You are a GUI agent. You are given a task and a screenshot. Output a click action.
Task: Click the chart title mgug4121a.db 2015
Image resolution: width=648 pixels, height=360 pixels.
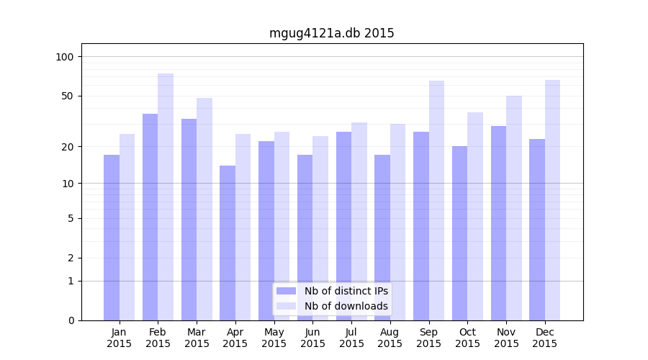[331, 33]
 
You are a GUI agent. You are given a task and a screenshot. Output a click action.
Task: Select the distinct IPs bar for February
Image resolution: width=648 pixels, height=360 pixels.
[150, 217]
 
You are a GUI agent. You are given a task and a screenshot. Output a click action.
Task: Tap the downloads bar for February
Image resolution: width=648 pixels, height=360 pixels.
[166, 197]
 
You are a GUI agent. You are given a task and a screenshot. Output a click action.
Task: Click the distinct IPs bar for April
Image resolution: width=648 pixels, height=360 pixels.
[228, 243]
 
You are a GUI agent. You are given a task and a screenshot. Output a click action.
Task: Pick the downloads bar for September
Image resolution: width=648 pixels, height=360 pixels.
[436, 200]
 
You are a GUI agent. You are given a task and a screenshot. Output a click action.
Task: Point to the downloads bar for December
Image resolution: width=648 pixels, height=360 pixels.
[552, 200]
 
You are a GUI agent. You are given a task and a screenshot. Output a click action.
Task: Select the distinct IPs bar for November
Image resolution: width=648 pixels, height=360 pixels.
[498, 223]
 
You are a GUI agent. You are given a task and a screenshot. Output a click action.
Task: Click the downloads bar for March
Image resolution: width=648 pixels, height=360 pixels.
[204, 209]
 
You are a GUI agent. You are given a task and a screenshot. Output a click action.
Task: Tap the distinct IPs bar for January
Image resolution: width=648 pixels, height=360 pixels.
[112, 238]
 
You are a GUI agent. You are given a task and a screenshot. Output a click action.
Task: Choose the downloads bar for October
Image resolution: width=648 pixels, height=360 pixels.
[475, 216]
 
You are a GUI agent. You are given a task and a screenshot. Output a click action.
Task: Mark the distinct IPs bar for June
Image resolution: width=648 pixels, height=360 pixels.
[305, 238]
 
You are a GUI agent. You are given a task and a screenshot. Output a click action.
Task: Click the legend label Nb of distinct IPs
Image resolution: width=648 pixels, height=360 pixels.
[346, 291]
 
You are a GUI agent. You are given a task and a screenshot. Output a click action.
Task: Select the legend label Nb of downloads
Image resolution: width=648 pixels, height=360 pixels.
[346, 306]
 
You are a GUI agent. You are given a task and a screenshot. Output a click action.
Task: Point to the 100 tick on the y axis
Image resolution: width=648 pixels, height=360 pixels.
[66, 57]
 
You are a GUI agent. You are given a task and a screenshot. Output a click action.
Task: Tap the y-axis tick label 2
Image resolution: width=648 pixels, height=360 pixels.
[71, 258]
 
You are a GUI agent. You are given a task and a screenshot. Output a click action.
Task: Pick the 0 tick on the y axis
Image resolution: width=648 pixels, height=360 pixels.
[71, 320]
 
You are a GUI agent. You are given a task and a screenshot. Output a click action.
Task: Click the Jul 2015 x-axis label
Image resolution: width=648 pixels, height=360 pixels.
[351, 338]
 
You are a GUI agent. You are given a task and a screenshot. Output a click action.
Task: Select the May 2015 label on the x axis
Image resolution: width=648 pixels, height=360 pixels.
[274, 338]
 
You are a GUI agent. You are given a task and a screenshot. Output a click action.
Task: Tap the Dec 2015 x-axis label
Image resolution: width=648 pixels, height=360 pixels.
[544, 338]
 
